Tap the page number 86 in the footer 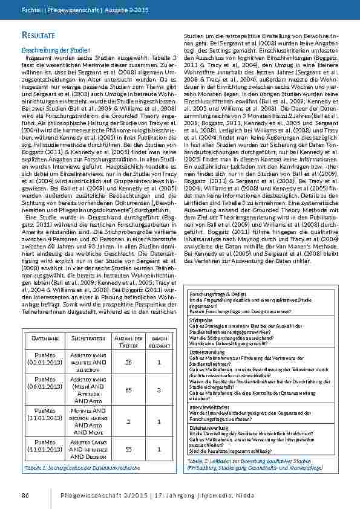click(x=26, y=496)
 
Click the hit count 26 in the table click(x=128, y=362)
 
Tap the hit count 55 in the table click(x=128, y=450)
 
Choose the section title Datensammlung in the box click(x=207, y=351)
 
